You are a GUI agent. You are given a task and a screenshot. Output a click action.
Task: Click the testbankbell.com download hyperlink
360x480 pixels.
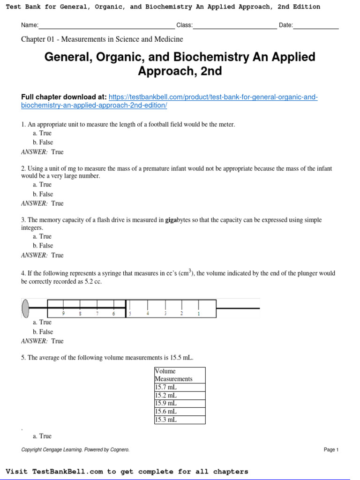click(213, 97)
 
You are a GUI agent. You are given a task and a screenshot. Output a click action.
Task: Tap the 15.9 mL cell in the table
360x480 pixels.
click(180, 403)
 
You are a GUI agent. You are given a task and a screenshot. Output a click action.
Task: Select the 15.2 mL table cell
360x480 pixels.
click(180, 395)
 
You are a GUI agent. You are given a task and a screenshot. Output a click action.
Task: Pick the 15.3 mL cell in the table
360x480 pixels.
click(180, 420)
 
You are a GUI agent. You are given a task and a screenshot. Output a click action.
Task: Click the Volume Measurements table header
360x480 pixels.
click(180, 375)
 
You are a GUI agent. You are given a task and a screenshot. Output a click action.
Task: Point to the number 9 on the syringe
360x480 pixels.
click(63, 314)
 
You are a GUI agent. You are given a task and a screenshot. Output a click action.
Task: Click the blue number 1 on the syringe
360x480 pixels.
click(199, 314)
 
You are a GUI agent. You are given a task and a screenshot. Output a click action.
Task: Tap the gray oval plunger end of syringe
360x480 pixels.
click(25, 308)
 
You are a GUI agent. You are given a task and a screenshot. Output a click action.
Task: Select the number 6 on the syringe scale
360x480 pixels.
click(113, 314)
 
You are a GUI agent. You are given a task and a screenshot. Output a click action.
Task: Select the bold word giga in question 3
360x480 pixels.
click(170, 220)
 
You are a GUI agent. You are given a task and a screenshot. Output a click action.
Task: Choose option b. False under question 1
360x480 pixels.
click(43, 142)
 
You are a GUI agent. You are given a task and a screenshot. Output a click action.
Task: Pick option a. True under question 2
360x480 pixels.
click(42, 185)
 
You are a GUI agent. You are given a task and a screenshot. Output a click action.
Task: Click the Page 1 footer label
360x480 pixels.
click(331, 450)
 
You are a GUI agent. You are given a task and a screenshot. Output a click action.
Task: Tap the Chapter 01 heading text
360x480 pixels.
click(102, 39)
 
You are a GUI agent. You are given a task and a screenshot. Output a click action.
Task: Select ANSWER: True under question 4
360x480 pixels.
click(42, 341)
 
